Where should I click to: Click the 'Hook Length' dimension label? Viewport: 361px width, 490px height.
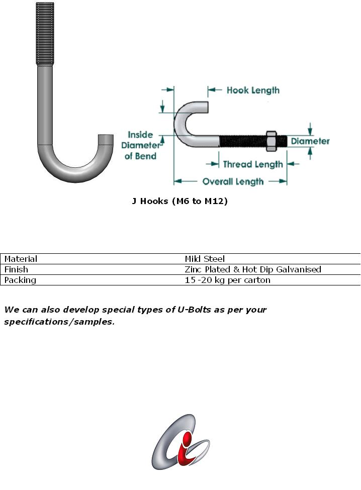pyautogui.click(x=253, y=90)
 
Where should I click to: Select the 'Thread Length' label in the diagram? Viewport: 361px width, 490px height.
pyautogui.click(x=252, y=164)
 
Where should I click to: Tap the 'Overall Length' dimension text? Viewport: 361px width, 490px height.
pyautogui.click(x=233, y=181)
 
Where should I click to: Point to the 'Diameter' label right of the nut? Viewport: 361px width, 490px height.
pyautogui.click(x=310, y=141)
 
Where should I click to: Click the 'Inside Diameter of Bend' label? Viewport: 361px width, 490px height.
pyautogui.click(x=140, y=145)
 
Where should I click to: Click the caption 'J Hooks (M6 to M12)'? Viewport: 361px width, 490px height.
pyautogui.click(x=179, y=202)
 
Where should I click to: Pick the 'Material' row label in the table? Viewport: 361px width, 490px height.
pyautogui.click(x=21, y=259)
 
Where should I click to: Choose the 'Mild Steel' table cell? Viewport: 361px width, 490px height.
pyautogui.click(x=205, y=259)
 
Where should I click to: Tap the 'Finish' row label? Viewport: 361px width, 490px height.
pyautogui.click(x=16, y=269)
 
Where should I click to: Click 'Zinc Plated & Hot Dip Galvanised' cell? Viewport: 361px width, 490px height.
pyautogui.click(x=252, y=269)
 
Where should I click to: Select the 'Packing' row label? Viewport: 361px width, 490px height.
pyautogui.click(x=20, y=280)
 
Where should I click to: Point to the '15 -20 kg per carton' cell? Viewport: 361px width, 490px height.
pyautogui.click(x=227, y=280)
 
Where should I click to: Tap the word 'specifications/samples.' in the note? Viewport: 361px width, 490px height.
pyautogui.click(x=59, y=322)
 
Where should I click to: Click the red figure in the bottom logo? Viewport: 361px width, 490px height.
pyautogui.click(x=188, y=442)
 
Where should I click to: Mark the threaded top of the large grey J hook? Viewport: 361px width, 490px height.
pyautogui.click(x=44, y=33)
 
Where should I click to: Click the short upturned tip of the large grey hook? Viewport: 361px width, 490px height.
pyautogui.click(x=106, y=140)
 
